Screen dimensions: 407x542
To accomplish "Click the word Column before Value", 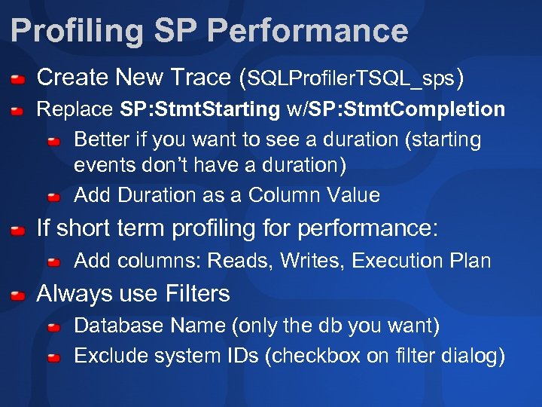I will [285, 195].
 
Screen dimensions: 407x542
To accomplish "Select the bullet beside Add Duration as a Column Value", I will [54, 197].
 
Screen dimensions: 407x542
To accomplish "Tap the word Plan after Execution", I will [471, 261].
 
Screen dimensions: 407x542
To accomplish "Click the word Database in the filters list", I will [112, 326].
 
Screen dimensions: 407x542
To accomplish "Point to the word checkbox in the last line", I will [316, 356].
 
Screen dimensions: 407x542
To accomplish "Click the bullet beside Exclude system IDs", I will [54, 357].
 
